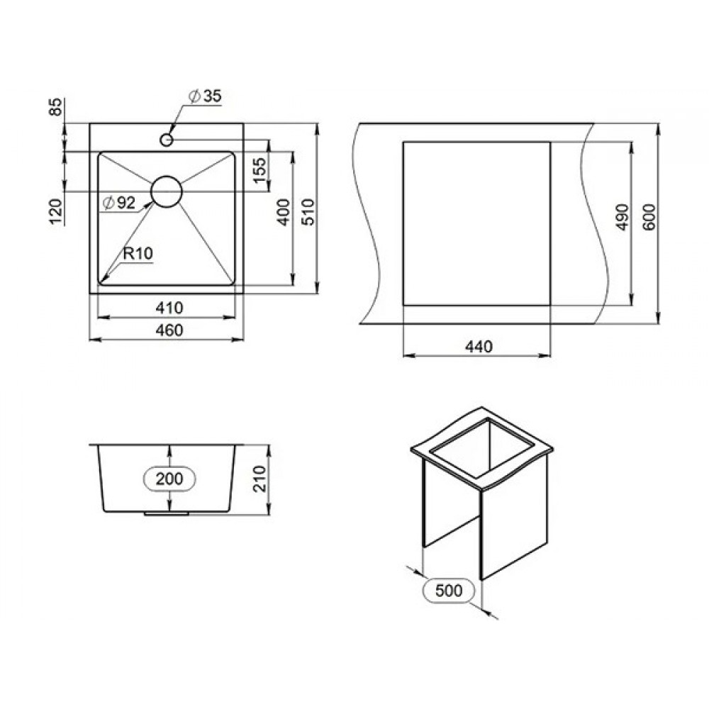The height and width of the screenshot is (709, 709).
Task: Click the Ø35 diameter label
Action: [x=206, y=96]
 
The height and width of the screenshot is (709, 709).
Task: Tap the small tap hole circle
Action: [x=167, y=140]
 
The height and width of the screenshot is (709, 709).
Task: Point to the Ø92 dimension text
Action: [x=119, y=203]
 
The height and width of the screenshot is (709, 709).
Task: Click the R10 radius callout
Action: [x=138, y=253]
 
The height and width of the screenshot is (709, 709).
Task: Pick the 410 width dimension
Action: [x=169, y=308]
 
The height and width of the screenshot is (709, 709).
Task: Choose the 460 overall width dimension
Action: [x=169, y=330]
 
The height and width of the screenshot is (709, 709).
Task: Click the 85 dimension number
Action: [x=55, y=107]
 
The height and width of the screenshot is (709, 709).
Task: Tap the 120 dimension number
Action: [x=55, y=211]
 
